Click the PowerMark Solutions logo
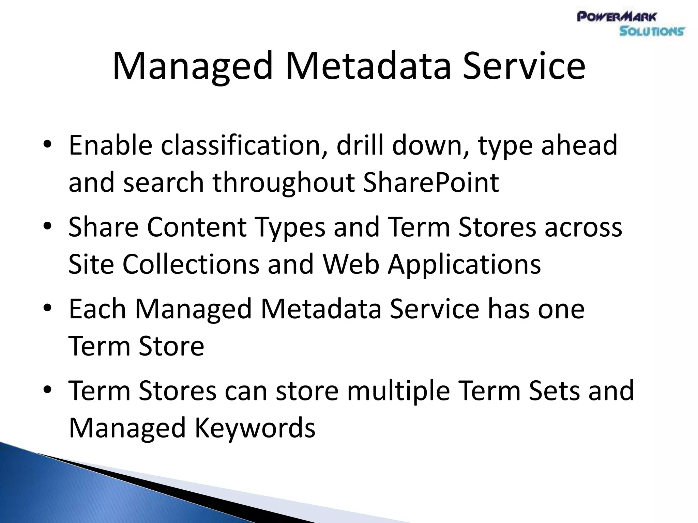click(631, 24)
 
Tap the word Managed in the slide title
click(193, 66)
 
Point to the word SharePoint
click(431, 183)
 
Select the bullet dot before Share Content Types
click(47, 227)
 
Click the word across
click(583, 227)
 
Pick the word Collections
click(191, 264)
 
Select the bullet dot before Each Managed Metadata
click(47, 308)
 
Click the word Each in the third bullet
click(97, 308)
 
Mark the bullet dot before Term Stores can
click(47, 390)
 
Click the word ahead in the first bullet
click(579, 145)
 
